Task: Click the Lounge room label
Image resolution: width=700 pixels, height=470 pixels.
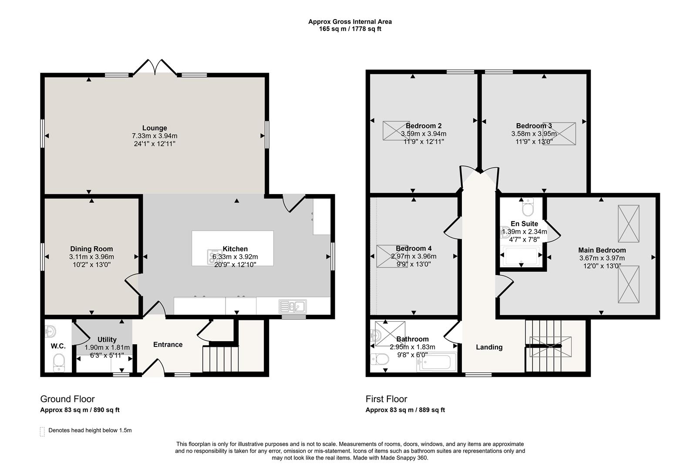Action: (155, 128)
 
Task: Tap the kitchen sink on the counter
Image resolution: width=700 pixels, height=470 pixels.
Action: (293, 306)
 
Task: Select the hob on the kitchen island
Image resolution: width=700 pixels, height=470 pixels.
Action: (214, 257)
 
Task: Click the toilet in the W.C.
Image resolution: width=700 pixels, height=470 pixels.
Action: (59, 363)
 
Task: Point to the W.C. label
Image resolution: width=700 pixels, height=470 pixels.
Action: (58, 346)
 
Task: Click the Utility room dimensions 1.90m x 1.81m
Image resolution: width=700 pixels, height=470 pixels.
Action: (107, 348)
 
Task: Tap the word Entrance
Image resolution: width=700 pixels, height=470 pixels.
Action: (168, 344)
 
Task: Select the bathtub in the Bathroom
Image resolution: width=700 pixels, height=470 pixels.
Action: (437, 362)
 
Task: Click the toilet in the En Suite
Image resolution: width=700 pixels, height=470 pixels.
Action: (528, 207)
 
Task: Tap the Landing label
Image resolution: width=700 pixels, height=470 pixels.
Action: (489, 347)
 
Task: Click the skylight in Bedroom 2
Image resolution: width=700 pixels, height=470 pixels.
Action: (396, 131)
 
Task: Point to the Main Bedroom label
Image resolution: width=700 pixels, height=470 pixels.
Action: (602, 250)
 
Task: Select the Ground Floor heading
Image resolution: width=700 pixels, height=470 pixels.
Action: (67, 399)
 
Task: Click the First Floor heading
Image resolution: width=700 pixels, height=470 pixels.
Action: (386, 399)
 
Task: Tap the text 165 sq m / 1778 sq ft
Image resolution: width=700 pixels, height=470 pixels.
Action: (350, 29)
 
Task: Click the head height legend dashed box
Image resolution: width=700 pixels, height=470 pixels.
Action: (43, 432)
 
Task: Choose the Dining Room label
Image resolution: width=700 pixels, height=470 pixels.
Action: (91, 249)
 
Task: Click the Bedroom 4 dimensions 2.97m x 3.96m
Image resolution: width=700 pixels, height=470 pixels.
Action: (414, 256)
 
